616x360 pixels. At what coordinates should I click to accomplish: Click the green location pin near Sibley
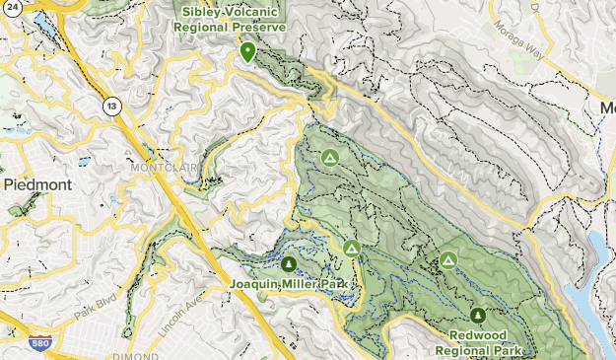[246, 50]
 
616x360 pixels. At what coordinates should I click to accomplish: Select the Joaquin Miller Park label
[290, 285]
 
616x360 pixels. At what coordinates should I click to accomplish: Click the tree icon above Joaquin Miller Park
[289, 264]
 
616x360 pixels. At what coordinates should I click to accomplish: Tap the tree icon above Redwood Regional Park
[478, 316]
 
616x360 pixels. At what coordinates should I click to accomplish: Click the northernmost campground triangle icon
[330, 157]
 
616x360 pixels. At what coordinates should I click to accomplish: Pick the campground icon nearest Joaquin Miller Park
[352, 248]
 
